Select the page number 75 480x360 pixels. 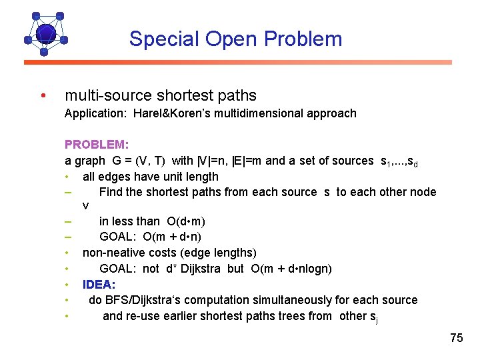point(456,338)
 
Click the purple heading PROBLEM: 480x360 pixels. point(97,145)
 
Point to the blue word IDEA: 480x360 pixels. point(99,285)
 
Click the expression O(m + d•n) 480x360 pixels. point(172,237)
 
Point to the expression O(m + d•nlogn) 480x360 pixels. point(291,269)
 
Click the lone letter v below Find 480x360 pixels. point(85,205)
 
